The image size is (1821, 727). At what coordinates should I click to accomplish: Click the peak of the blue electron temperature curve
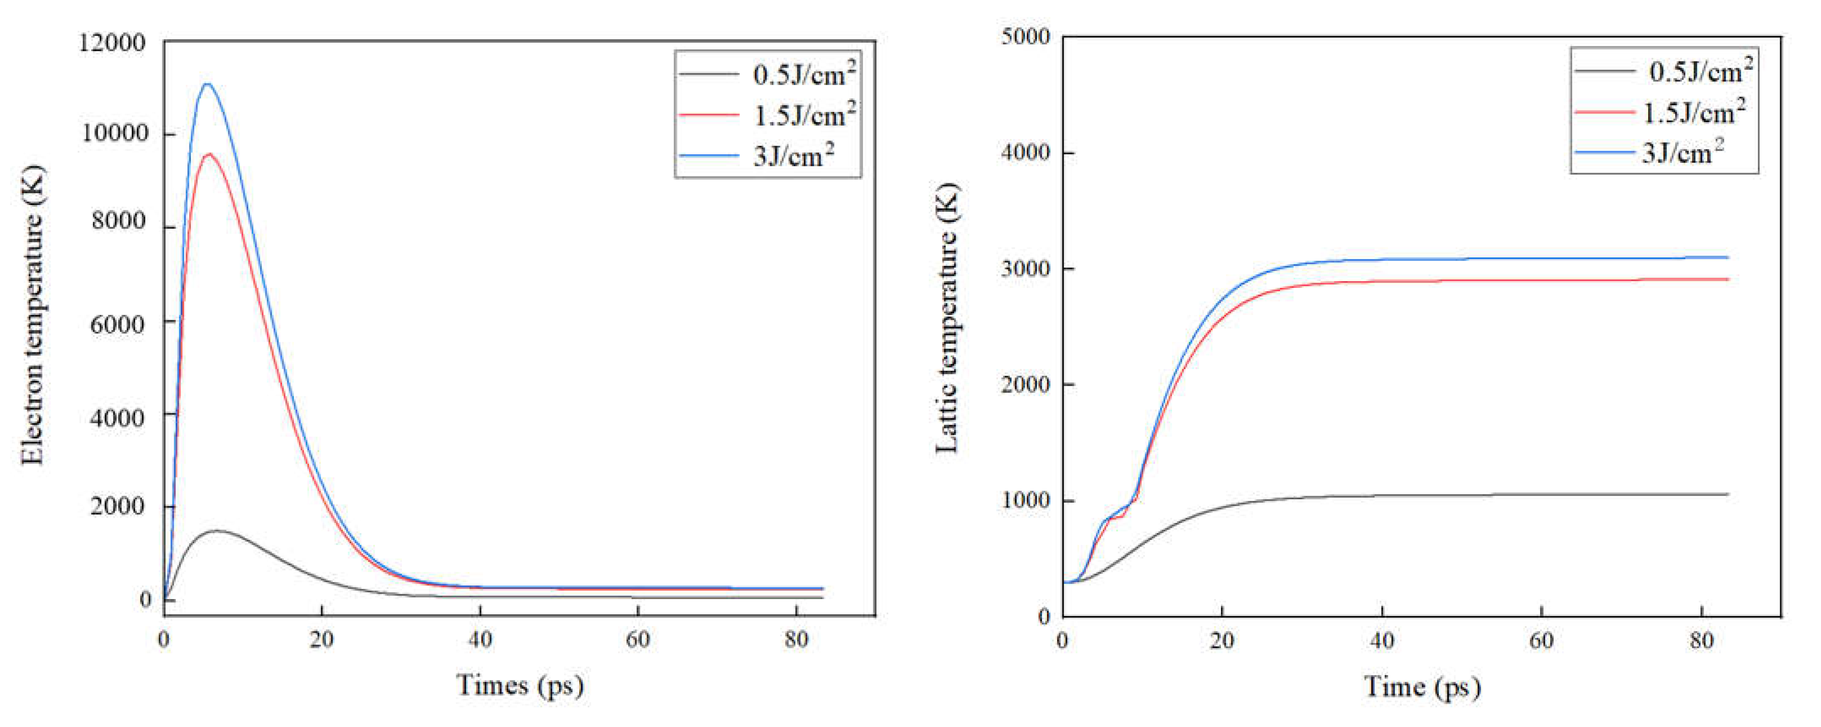point(207,84)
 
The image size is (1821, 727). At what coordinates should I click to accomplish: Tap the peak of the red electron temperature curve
point(209,154)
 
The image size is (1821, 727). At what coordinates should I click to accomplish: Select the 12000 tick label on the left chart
point(112,43)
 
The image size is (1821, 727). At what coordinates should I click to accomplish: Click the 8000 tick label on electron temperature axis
point(119,221)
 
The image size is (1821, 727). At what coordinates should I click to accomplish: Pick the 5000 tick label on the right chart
point(1025,37)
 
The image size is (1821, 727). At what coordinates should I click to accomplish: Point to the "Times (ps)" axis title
point(520,684)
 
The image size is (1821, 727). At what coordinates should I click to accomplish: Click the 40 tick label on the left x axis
point(480,640)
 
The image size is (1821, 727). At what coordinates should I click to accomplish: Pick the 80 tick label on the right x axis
point(1701,641)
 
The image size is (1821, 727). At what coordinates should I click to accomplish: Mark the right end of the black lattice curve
point(1728,493)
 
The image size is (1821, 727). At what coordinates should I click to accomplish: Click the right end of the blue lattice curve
point(1728,257)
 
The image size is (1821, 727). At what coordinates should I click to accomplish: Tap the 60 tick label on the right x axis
point(1541,641)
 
